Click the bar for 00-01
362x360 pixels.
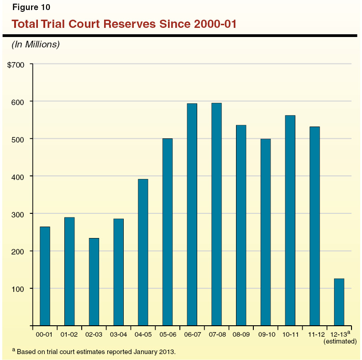[x=45, y=276]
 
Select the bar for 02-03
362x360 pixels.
[x=94, y=282]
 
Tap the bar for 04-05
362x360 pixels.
[x=143, y=252]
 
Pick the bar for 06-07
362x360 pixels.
[x=192, y=214]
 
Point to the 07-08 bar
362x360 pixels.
[x=216, y=214]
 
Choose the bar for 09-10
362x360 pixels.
[x=266, y=232]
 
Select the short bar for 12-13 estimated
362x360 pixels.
[x=339, y=302]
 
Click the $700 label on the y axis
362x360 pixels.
[x=16, y=64]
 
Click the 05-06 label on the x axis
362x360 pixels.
[x=168, y=335]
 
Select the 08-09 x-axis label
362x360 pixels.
[x=241, y=335]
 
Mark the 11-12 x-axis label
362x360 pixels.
[x=315, y=335]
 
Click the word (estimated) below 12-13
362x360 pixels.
[x=340, y=341]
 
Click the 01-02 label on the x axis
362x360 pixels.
[x=69, y=335]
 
